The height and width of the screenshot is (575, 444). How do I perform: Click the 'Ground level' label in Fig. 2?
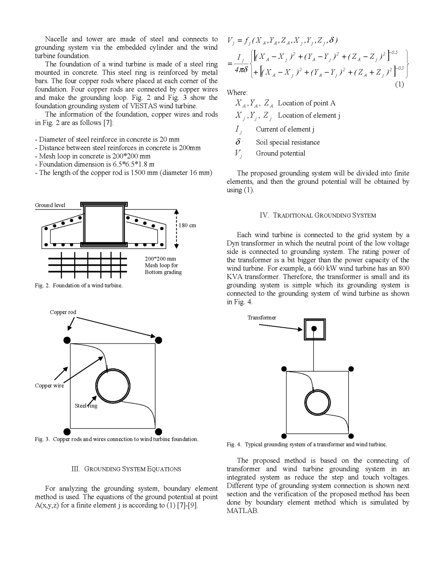click(x=50, y=205)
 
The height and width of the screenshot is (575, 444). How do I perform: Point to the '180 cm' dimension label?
click(x=187, y=225)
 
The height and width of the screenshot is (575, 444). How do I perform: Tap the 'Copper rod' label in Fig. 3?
click(x=63, y=312)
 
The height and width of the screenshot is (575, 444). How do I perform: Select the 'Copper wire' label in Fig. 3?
click(x=49, y=386)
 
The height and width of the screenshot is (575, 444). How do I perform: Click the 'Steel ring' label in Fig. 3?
click(x=86, y=406)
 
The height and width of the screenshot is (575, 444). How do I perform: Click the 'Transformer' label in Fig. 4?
click(x=262, y=318)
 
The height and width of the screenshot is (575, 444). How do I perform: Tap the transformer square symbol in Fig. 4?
click(x=314, y=329)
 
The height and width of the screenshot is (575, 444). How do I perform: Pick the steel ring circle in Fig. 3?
click(x=113, y=386)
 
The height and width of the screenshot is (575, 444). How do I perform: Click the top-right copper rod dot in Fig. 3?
click(x=159, y=340)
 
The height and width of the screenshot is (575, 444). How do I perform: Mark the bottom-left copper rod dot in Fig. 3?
click(x=67, y=432)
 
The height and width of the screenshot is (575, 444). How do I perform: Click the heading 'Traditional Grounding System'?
click(x=318, y=216)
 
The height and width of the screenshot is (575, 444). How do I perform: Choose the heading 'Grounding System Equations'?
click(x=126, y=469)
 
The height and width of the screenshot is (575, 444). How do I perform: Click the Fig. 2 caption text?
click(x=79, y=286)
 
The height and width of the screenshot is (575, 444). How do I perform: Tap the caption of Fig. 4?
click(x=307, y=445)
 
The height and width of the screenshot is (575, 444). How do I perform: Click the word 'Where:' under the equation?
click(x=237, y=93)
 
